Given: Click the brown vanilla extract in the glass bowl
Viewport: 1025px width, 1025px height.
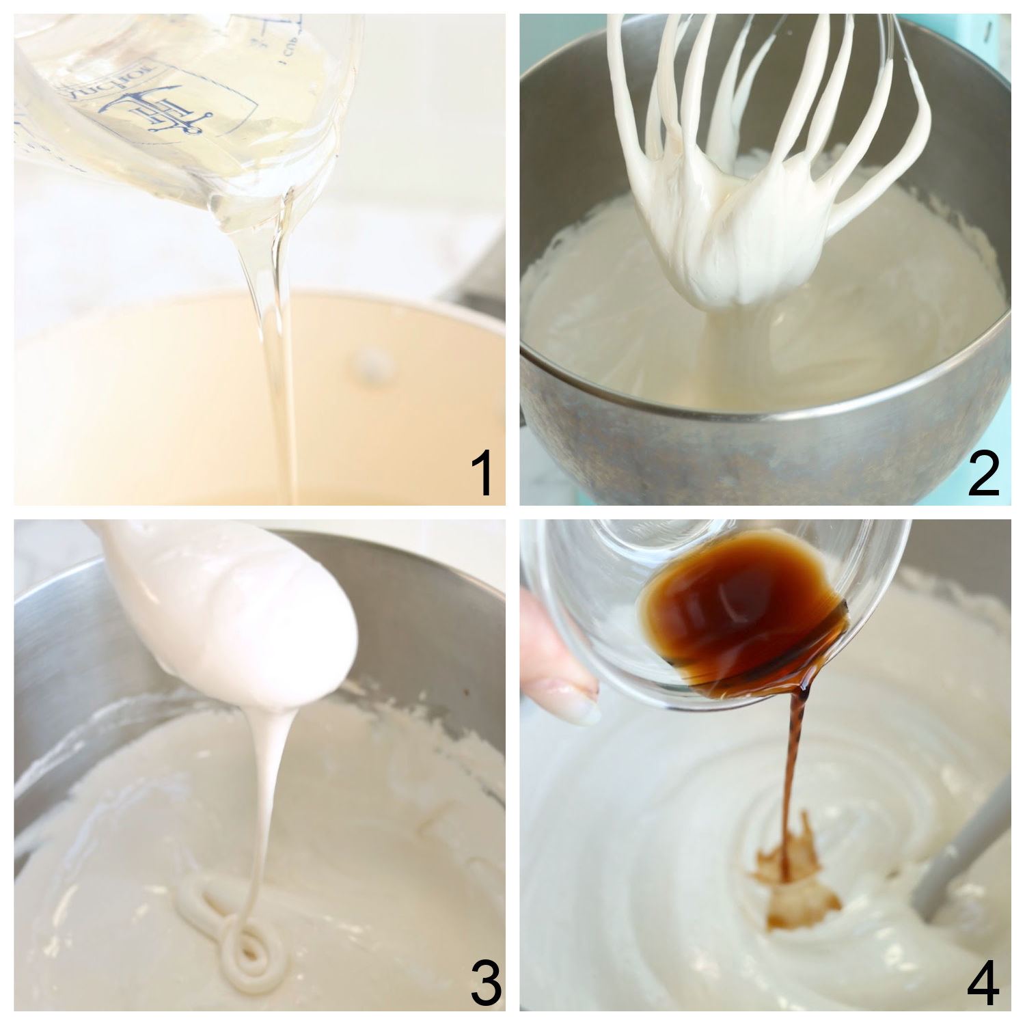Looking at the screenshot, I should click(738, 601).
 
